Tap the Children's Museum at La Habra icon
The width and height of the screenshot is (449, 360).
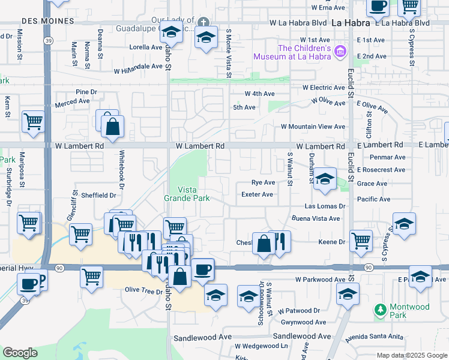click(341, 52)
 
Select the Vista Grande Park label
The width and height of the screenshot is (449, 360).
click(187, 193)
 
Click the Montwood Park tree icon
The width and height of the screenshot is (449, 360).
click(379, 309)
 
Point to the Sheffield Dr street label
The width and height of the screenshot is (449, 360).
click(98, 195)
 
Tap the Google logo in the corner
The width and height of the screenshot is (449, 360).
click(20, 353)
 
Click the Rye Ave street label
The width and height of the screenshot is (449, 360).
click(263, 182)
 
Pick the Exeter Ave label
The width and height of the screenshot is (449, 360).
click(257, 194)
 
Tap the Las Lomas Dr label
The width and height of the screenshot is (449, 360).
click(326, 206)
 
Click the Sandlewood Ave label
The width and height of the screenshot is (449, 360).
click(202, 338)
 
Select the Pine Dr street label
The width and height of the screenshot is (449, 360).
click(86, 92)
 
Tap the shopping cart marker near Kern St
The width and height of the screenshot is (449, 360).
click(33, 121)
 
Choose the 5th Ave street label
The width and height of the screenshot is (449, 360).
click(244, 107)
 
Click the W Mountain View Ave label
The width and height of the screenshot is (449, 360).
click(313, 127)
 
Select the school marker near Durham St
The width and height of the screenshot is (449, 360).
click(325, 179)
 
